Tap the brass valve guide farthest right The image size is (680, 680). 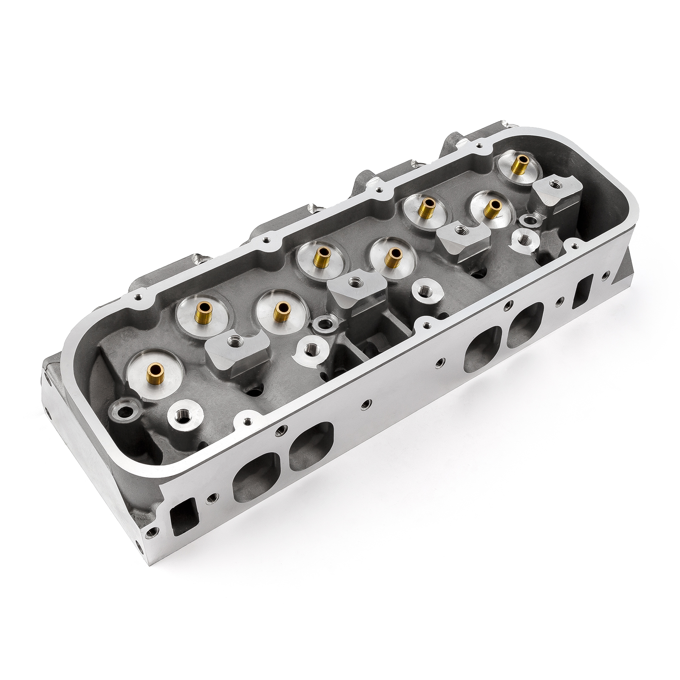point(519,161)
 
